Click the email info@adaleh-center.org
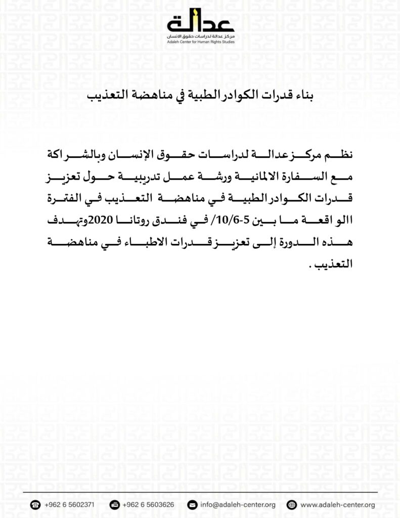click(x=238, y=504)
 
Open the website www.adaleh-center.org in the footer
click(x=337, y=504)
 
